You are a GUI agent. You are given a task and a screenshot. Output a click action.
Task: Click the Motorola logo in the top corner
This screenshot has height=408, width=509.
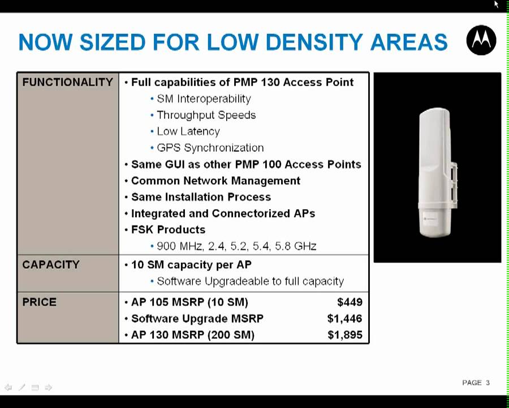coord(481,40)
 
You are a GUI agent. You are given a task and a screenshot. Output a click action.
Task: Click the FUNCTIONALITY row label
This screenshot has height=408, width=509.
coord(67,82)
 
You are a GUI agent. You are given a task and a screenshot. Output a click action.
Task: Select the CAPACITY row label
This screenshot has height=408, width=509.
coord(51,265)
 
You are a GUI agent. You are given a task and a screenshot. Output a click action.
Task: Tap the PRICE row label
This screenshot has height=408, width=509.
coord(39,302)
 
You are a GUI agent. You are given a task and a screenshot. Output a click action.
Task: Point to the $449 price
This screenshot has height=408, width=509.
coord(350,302)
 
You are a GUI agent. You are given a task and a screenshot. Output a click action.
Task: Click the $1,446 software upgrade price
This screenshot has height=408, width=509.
coord(344,318)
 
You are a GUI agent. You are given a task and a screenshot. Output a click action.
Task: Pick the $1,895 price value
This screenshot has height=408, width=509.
coord(345,335)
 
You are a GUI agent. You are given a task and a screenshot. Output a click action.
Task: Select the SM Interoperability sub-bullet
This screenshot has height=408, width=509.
coord(204,99)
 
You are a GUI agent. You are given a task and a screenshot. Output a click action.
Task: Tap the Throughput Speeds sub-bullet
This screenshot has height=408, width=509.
coord(206,115)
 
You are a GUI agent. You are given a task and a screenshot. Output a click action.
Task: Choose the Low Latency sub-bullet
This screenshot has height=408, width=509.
coord(188,131)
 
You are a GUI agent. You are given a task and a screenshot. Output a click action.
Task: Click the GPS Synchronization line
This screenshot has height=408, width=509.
coord(210,148)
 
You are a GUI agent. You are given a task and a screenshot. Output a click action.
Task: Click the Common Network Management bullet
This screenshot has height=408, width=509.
coord(215,181)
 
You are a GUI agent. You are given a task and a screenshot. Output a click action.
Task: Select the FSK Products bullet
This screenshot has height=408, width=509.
coord(168,229)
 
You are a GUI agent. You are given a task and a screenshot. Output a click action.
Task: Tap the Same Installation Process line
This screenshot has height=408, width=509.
coord(201,197)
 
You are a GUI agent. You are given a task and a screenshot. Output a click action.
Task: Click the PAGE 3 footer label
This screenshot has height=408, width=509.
coord(476,382)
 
